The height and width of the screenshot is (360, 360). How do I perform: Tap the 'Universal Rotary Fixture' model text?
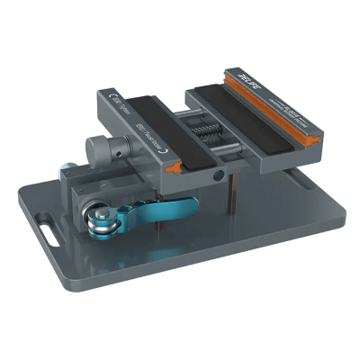(x=288, y=109)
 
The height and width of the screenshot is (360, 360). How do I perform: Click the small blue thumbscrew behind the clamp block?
(x=68, y=168)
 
